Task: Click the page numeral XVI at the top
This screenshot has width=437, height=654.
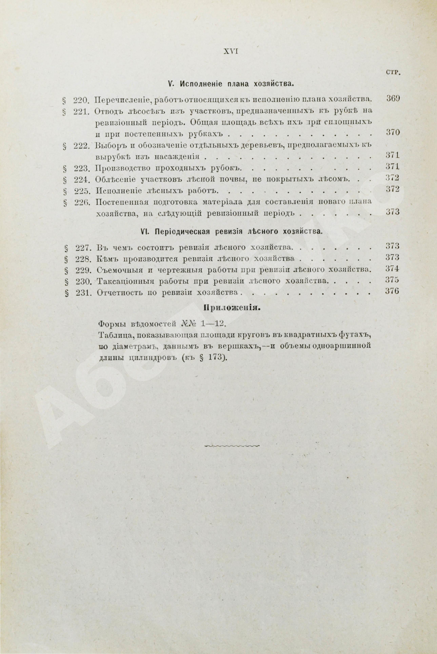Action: pos(230,51)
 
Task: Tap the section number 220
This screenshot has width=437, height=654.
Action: pos(81,99)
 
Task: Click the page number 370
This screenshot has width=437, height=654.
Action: pos(393,132)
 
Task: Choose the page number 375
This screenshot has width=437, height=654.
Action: pos(393,280)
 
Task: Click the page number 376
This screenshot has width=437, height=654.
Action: pos(393,291)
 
